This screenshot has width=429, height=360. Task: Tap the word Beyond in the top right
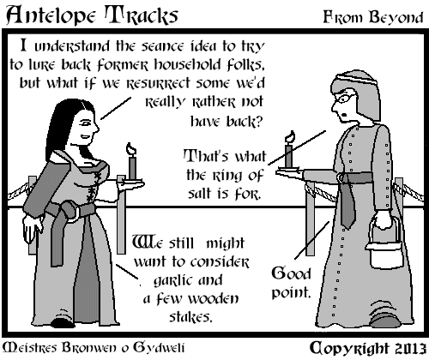click(x=396, y=18)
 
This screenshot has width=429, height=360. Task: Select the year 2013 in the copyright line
click(x=409, y=349)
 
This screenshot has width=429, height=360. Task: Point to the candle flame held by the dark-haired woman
click(x=131, y=148)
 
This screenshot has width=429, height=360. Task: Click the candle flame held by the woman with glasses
click(x=289, y=136)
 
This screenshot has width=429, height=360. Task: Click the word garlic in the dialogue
click(x=169, y=281)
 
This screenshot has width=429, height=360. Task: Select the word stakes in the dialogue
click(x=190, y=317)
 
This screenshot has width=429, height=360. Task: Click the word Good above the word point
click(x=291, y=273)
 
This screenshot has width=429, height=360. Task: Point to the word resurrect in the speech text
click(x=158, y=84)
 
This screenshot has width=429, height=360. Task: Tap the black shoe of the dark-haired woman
click(x=63, y=322)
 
